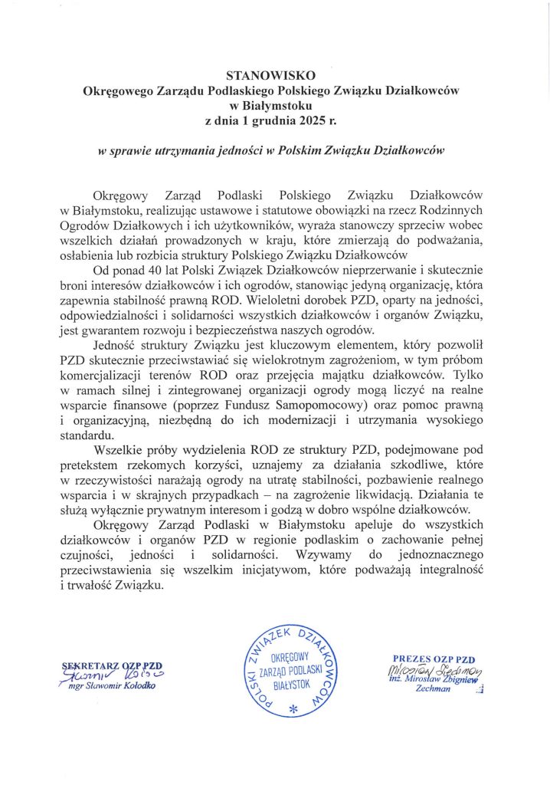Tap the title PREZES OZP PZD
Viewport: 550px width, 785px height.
point(434,659)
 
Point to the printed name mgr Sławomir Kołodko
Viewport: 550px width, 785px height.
point(112,686)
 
